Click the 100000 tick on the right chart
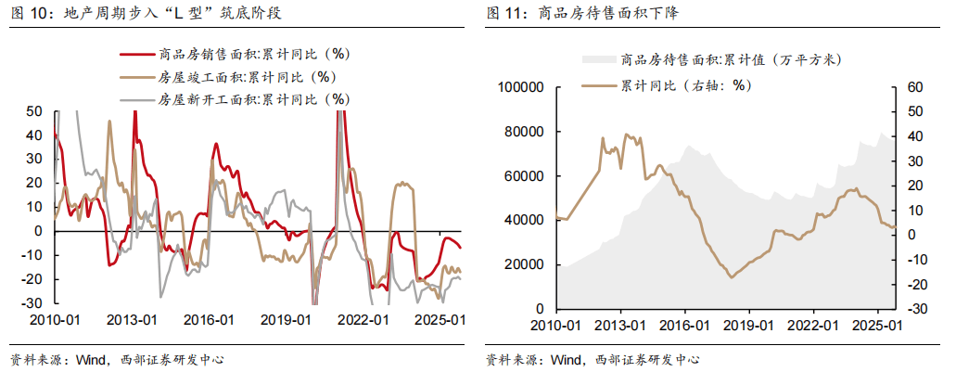click(519, 87)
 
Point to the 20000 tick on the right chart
click(523, 264)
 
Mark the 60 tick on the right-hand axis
click(912, 87)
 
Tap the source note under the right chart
click(593, 359)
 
